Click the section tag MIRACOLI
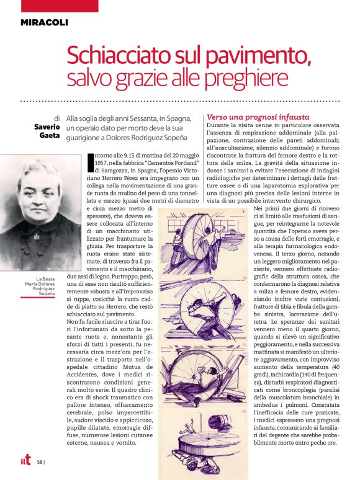click(43, 23)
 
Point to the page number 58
click(40, 461)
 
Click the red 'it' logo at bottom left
click(24, 460)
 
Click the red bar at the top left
click(50, 6)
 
